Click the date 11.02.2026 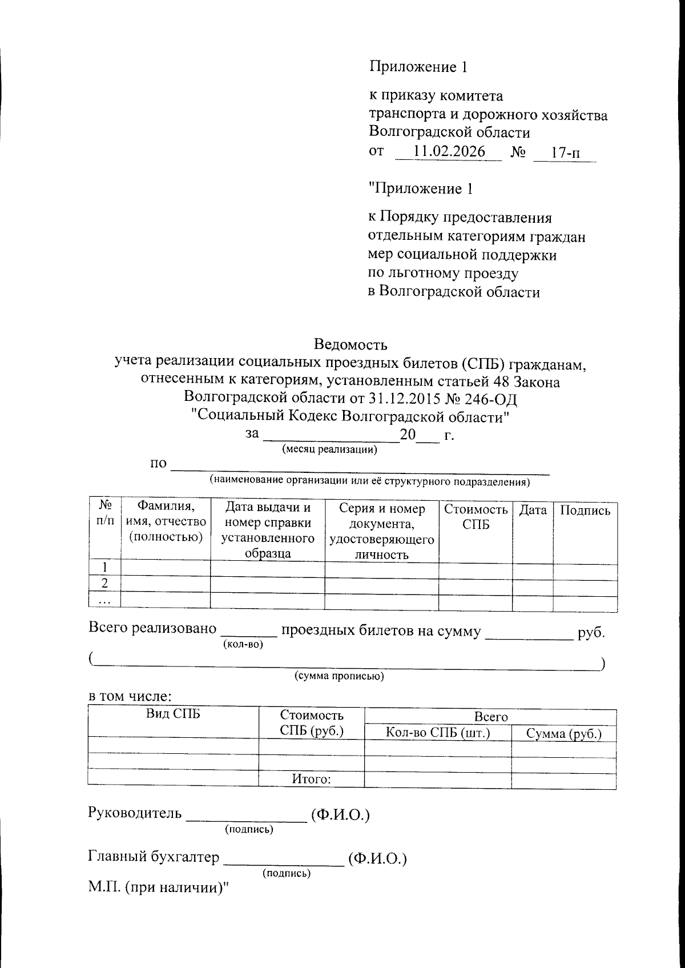(x=449, y=151)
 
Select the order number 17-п (x=565, y=152)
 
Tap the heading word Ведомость (x=350, y=344)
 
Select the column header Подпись (x=585, y=511)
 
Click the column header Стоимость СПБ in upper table (x=476, y=517)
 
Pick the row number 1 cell (x=104, y=567)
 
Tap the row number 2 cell (x=104, y=583)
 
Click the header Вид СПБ (x=173, y=714)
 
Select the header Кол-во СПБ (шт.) (x=438, y=733)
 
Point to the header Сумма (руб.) (x=564, y=734)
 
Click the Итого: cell (x=312, y=779)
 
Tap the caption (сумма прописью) (x=339, y=676)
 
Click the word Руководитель (x=135, y=813)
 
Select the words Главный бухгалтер (x=154, y=857)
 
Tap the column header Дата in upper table (x=533, y=511)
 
